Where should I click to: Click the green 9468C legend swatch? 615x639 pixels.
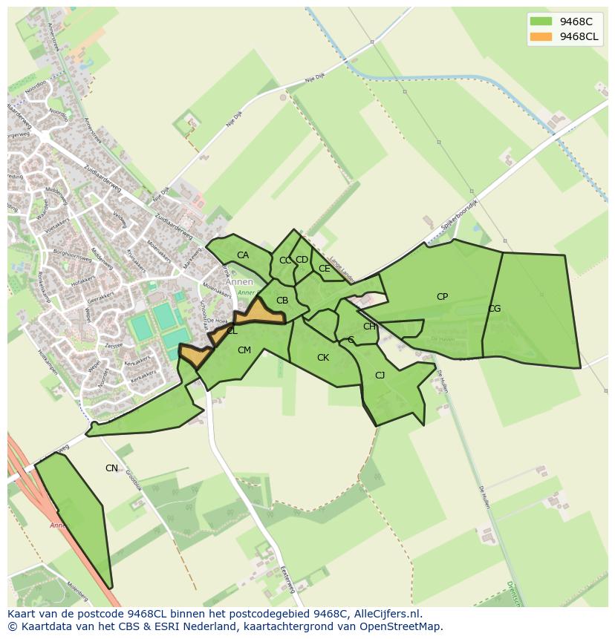541,21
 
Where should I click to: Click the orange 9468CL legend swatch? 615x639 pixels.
541,36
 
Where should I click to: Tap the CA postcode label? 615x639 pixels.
243,255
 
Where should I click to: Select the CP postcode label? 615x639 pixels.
442,297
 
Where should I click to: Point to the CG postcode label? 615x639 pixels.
494,309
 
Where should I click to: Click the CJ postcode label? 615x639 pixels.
380,376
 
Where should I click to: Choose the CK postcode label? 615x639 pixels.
322,358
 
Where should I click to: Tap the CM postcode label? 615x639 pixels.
244,350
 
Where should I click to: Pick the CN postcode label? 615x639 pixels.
111,468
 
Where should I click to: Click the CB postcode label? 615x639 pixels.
282,301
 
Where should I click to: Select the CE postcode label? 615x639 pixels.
324,269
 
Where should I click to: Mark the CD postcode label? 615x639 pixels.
302,260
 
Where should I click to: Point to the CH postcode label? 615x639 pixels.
368,327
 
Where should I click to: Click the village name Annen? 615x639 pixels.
239,282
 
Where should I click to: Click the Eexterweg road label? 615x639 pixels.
287,580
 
